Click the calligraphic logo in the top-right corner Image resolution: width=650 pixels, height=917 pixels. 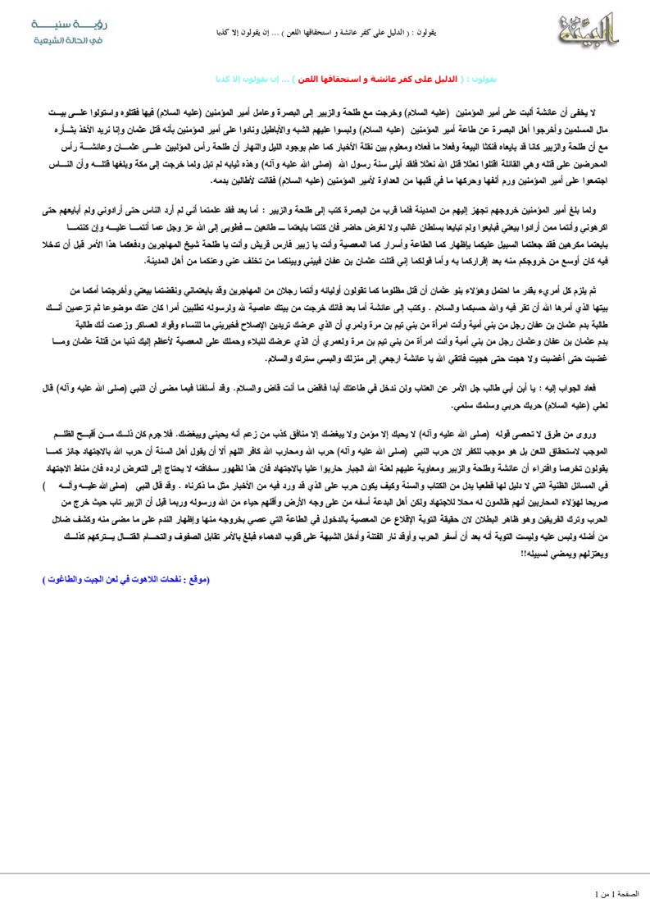pyautogui.click(x=589, y=30)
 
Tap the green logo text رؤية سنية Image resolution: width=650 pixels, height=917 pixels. pyautogui.click(x=63, y=25)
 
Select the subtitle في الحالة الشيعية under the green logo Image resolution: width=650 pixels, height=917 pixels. pyautogui.click(x=62, y=40)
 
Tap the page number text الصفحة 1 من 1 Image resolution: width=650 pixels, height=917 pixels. pyautogui.click(x=622, y=892)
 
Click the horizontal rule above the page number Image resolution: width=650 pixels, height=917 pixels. pyautogui.click(x=325, y=874)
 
